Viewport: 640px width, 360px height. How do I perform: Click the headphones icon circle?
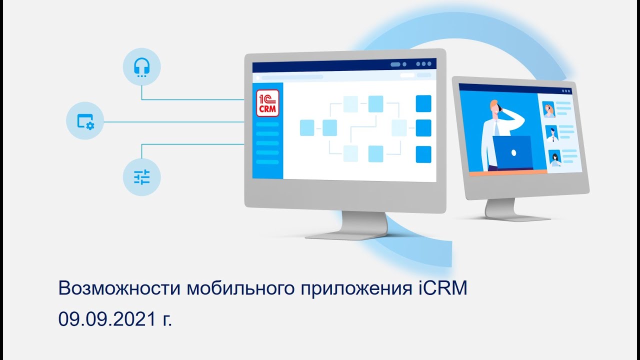(142, 66)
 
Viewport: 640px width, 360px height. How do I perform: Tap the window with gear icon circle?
(85, 121)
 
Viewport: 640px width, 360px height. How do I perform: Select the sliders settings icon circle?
(142, 176)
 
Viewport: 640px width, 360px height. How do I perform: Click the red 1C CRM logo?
(267, 103)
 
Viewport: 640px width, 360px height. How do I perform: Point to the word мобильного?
(239, 289)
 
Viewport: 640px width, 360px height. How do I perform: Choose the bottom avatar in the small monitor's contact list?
(554, 157)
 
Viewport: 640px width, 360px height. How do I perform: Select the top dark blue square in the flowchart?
(423, 103)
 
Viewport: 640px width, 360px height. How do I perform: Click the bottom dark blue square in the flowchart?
(423, 154)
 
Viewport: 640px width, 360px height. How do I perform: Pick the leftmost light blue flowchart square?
(307, 128)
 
